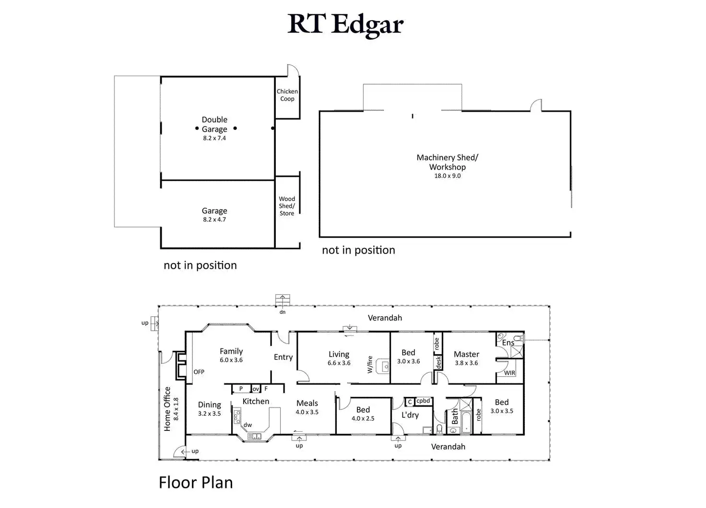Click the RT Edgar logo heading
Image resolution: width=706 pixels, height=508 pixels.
(x=346, y=24)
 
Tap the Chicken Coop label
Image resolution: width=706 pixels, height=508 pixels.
(x=287, y=95)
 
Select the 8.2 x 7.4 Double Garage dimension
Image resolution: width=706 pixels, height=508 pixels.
(x=214, y=138)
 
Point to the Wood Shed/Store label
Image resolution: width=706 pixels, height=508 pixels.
(x=287, y=206)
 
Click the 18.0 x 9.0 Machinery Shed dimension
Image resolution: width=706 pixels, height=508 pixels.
(x=447, y=176)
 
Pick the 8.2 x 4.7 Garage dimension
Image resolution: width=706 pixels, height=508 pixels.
(x=214, y=219)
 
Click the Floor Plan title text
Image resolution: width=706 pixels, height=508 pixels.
(x=196, y=483)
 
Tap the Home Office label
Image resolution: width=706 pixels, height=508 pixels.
(x=167, y=409)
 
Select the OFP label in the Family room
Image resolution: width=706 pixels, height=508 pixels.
(x=199, y=372)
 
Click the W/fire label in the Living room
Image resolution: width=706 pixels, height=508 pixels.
(x=370, y=364)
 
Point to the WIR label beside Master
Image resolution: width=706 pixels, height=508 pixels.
(x=509, y=373)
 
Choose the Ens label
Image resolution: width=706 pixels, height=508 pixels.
(x=508, y=343)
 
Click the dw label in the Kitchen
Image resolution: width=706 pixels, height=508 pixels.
(x=247, y=425)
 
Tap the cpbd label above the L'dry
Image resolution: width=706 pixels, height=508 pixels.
(x=423, y=401)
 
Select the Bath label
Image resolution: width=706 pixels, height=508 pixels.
(x=455, y=416)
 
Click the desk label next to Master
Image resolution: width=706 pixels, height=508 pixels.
(x=438, y=362)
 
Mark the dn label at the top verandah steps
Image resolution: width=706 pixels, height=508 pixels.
(x=282, y=312)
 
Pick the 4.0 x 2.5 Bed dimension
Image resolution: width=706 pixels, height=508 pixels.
(x=363, y=418)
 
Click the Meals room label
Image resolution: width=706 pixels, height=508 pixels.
(x=307, y=403)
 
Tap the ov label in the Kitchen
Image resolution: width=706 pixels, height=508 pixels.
(x=256, y=389)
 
